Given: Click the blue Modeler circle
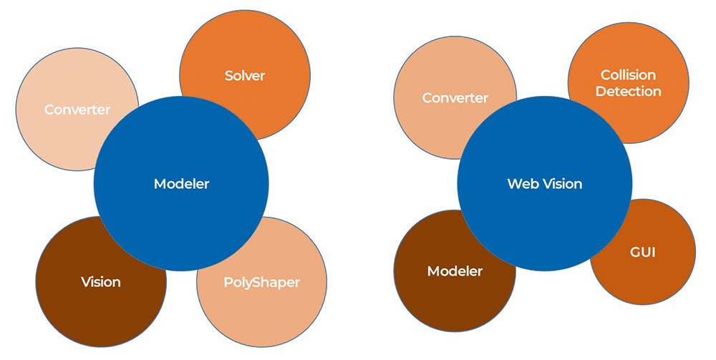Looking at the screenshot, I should tap(181, 208).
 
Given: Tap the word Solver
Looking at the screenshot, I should tap(245, 75).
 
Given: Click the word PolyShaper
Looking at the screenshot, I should tap(262, 282).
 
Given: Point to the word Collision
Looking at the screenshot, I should tap(628, 74).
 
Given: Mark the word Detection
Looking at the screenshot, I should tap(628, 92).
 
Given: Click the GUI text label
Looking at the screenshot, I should tap(643, 252).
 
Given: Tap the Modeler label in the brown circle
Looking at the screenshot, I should tap(455, 271).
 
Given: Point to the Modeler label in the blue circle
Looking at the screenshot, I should tap(181, 184).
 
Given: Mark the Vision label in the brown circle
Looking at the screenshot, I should tap(101, 282).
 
